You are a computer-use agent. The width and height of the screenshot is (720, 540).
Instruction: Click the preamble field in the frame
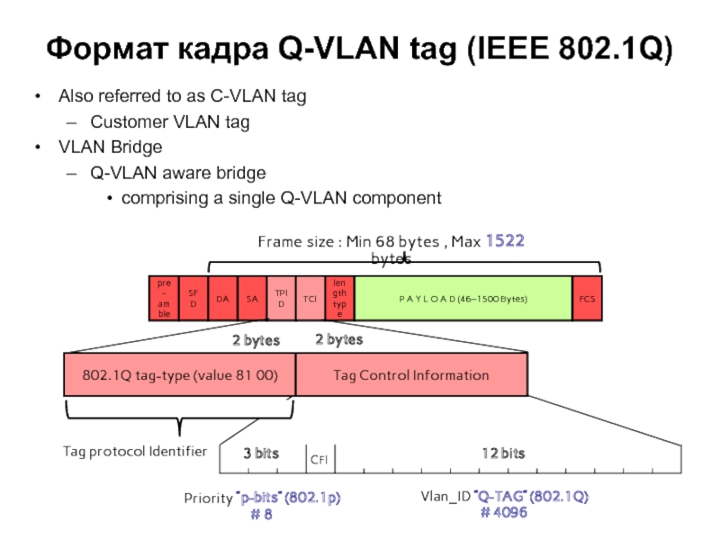tap(164, 298)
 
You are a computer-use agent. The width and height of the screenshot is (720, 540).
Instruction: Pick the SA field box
tap(251, 298)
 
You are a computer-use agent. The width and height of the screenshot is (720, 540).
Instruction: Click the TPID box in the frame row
tap(281, 298)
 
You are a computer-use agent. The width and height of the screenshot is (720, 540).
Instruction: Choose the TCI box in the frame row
tap(310, 298)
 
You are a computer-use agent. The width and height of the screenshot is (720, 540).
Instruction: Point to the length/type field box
tap(339, 298)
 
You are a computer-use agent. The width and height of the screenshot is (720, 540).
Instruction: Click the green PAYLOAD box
tap(463, 298)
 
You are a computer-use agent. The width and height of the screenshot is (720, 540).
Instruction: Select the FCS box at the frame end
tap(587, 298)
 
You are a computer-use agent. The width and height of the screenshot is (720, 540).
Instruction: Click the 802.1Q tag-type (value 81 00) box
tap(179, 375)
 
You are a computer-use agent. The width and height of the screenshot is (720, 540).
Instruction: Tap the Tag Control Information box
tap(411, 375)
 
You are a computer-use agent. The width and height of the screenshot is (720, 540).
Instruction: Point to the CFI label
tap(319, 460)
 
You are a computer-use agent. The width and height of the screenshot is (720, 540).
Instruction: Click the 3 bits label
tap(261, 454)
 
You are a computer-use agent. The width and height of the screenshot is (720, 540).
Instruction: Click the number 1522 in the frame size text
tap(505, 241)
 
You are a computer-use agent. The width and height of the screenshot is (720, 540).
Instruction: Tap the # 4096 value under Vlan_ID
tap(504, 512)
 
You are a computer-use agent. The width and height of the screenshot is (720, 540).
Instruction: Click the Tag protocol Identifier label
tap(135, 451)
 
